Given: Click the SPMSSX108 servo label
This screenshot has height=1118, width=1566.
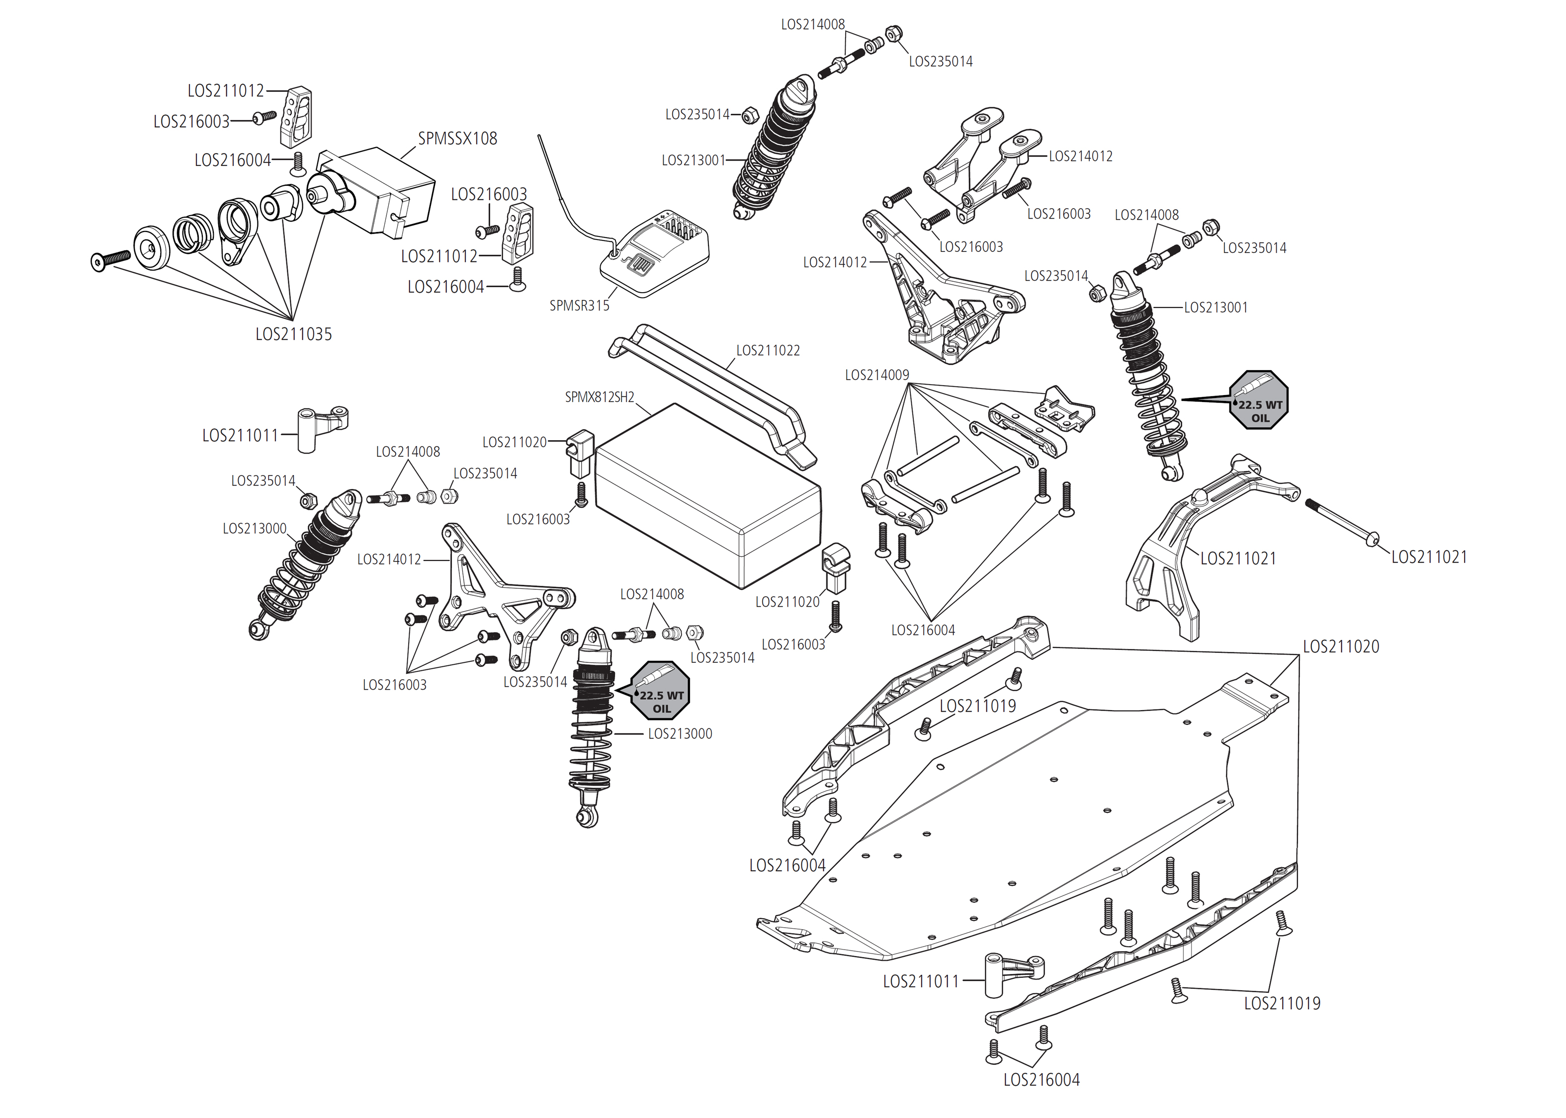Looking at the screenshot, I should pos(457,138).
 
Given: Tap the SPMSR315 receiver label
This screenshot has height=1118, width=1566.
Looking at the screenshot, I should pos(579,306).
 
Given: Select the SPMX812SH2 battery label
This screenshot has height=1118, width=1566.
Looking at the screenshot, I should pos(599,397).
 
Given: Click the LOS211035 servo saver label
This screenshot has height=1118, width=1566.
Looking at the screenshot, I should pos(293,334).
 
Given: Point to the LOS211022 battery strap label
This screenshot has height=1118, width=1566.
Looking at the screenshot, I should pos(768,350).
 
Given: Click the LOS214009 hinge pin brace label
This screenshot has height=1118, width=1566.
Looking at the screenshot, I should pos(876,375).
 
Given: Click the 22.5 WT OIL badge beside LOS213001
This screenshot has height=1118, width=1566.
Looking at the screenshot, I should pos(1259,400).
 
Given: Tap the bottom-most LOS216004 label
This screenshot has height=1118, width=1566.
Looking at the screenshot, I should pos(1041,1080).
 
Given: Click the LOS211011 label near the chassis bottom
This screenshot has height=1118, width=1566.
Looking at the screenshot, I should pos(921,982).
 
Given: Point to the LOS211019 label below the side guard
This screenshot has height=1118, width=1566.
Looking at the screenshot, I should pos(1282,1004).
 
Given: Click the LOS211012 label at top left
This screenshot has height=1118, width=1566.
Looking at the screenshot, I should pos(226,91).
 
